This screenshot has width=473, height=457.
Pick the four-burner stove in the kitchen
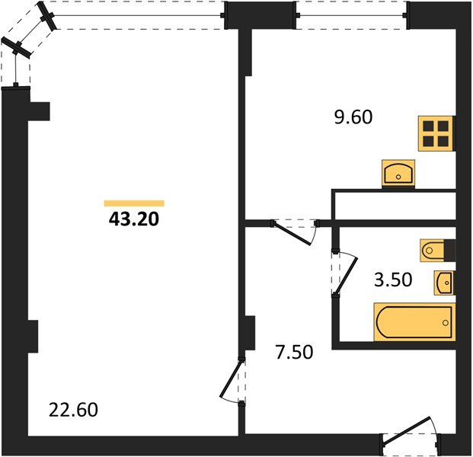pos(436,133)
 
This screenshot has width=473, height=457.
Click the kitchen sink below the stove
pos(398,174)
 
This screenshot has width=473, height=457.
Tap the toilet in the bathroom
pos(435,249)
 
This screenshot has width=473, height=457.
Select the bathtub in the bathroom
pos(414,321)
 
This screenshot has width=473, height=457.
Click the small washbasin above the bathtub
pos(444,282)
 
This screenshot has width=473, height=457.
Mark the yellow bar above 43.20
pos(133,203)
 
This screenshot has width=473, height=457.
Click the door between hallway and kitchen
pos(296,229)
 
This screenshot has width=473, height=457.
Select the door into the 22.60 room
pos(233,381)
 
